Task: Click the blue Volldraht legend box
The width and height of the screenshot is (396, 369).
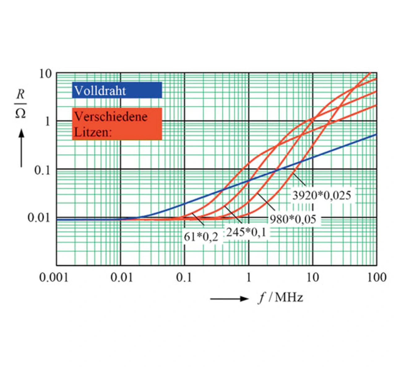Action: tap(117, 90)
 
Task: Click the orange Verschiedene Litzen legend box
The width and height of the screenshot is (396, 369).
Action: tap(117, 124)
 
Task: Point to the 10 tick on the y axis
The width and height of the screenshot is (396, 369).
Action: tap(45, 74)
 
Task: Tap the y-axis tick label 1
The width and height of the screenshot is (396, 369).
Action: tap(47, 121)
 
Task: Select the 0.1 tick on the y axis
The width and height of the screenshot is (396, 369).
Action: tap(42, 170)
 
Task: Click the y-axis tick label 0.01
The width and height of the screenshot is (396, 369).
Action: tap(39, 218)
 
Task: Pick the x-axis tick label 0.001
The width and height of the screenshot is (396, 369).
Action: tap(54, 277)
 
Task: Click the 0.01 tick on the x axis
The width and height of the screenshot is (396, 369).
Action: tap(121, 277)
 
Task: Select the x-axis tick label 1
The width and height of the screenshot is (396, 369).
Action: tap(248, 277)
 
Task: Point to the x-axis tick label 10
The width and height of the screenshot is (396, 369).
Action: tap(312, 277)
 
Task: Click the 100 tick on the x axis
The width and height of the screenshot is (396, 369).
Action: tap(377, 277)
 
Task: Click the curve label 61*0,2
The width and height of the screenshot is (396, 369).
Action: tap(201, 237)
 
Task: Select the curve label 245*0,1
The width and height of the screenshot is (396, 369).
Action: tap(246, 232)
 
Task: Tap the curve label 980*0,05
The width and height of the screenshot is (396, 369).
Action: tap(293, 219)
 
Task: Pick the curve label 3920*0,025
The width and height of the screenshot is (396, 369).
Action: tap(322, 195)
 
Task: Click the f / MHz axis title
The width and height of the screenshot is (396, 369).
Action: tap(281, 298)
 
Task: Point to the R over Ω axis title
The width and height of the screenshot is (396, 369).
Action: tap(20, 104)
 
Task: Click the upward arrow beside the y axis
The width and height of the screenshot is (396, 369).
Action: tap(21, 148)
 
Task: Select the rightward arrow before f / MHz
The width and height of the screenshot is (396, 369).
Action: tap(229, 299)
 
